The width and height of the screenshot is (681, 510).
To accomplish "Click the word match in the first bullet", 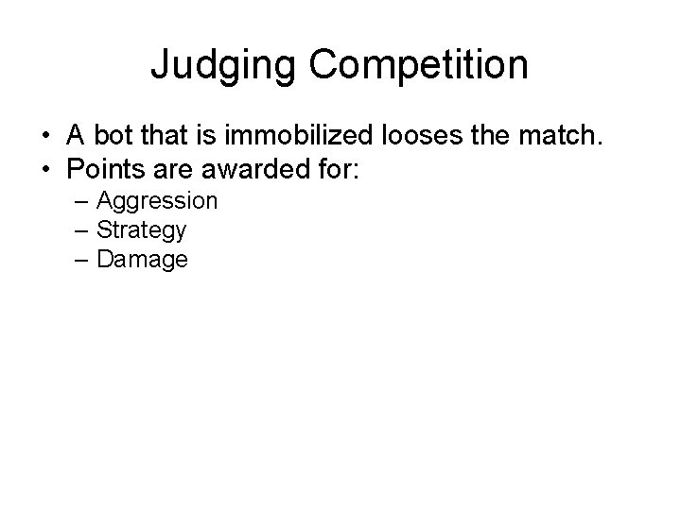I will tap(564, 138).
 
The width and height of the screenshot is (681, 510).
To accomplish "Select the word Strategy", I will tap(142, 230).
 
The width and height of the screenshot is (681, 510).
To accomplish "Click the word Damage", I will tap(142, 260).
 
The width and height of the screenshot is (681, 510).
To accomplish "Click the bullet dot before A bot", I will tap(46, 139).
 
